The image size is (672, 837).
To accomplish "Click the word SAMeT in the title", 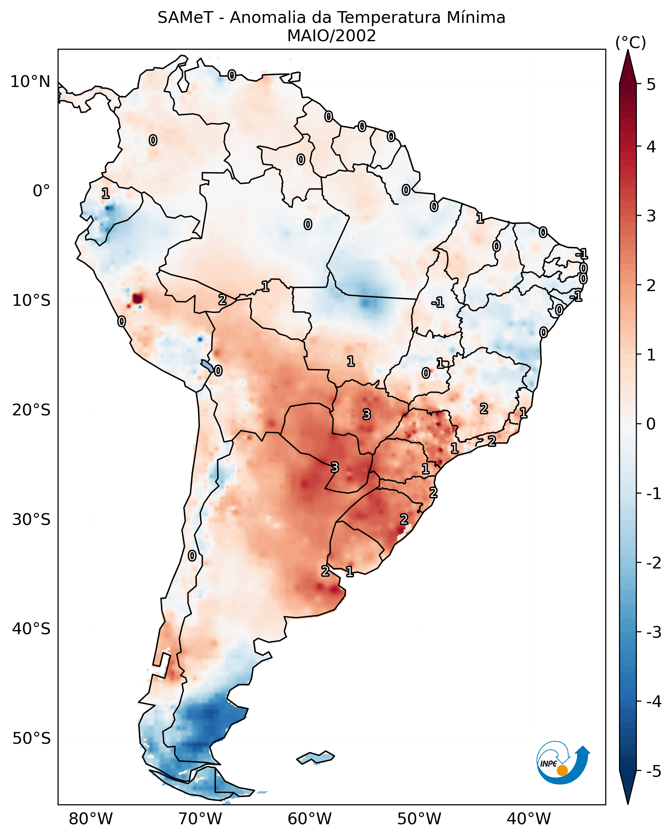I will [x=185, y=18].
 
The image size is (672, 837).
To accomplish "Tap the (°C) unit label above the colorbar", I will [x=630, y=43].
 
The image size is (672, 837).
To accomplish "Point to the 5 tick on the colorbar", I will [x=651, y=84].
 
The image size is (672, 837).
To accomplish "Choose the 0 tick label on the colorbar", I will [x=651, y=424].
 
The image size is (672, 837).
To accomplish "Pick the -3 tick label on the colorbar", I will [x=653, y=632].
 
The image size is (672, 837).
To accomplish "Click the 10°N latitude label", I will [x=30, y=82].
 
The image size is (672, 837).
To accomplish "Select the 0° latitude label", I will [x=41, y=191].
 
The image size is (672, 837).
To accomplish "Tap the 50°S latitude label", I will [x=31, y=739].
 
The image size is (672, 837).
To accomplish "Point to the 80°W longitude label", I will [x=90, y=819].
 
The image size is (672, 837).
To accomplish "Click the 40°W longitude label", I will [x=528, y=819].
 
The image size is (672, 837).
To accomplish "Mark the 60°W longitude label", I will [x=309, y=819].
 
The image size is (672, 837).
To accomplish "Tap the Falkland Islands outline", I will [x=315, y=758].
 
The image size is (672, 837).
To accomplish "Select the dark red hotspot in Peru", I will [x=137, y=299].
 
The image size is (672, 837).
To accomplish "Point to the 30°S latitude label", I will [x=31, y=519].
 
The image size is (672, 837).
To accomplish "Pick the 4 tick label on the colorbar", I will [x=651, y=147].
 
